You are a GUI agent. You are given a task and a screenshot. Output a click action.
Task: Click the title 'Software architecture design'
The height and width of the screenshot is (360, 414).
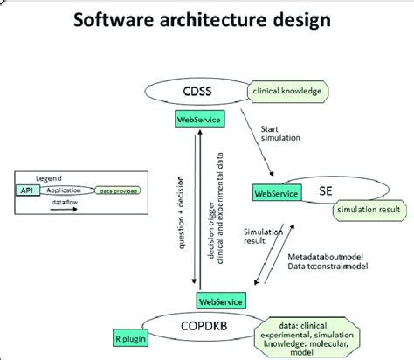coord(206,20)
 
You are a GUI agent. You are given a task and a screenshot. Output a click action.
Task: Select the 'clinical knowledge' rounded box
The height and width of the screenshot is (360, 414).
coord(285,90)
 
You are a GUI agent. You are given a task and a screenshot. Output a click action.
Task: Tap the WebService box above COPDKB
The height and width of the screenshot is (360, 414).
coord(221,300)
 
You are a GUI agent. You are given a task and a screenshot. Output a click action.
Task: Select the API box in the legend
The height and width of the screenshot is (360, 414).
coord(24,189)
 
